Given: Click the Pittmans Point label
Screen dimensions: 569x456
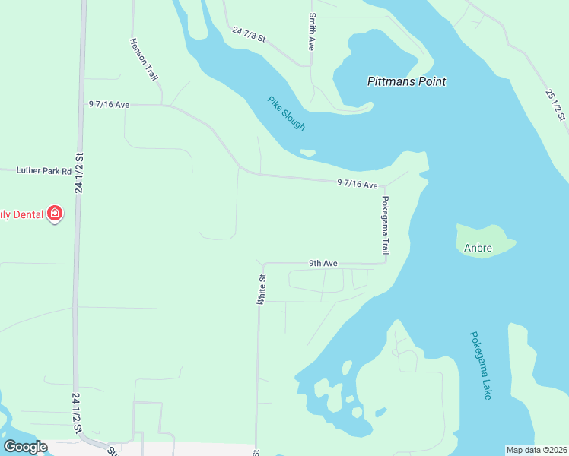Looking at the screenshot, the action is pyautogui.click(x=406, y=81).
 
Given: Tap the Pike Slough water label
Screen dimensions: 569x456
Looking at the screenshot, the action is pyautogui.click(x=286, y=113).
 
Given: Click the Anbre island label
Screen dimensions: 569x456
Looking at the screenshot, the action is pyautogui.click(x=478, y=248).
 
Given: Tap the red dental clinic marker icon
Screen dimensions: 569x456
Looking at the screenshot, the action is pyautogui.click(x=55, y=214).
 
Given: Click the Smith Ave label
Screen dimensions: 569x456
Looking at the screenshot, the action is pyautogui.click(x=312, y=31).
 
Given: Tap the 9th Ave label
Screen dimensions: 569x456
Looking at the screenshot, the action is pyautogui.click(x=323, y=264).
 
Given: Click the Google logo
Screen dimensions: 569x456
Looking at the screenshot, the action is pyautogui.click(x=25, y=447).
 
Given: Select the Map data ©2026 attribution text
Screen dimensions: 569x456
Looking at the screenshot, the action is pyautogui.click(x=536, y=449).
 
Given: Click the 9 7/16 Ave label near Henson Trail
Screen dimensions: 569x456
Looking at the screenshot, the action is pyautogui.click(x=109, y=104).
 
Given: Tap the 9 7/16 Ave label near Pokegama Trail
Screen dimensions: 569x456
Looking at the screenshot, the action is pyautogui.click(x=358, y=184).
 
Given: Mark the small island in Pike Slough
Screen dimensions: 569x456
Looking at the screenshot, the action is pyautogui.click(x=308, y=153).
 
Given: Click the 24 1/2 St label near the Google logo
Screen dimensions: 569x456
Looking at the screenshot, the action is pyautogui.click(x=77, y=413).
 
